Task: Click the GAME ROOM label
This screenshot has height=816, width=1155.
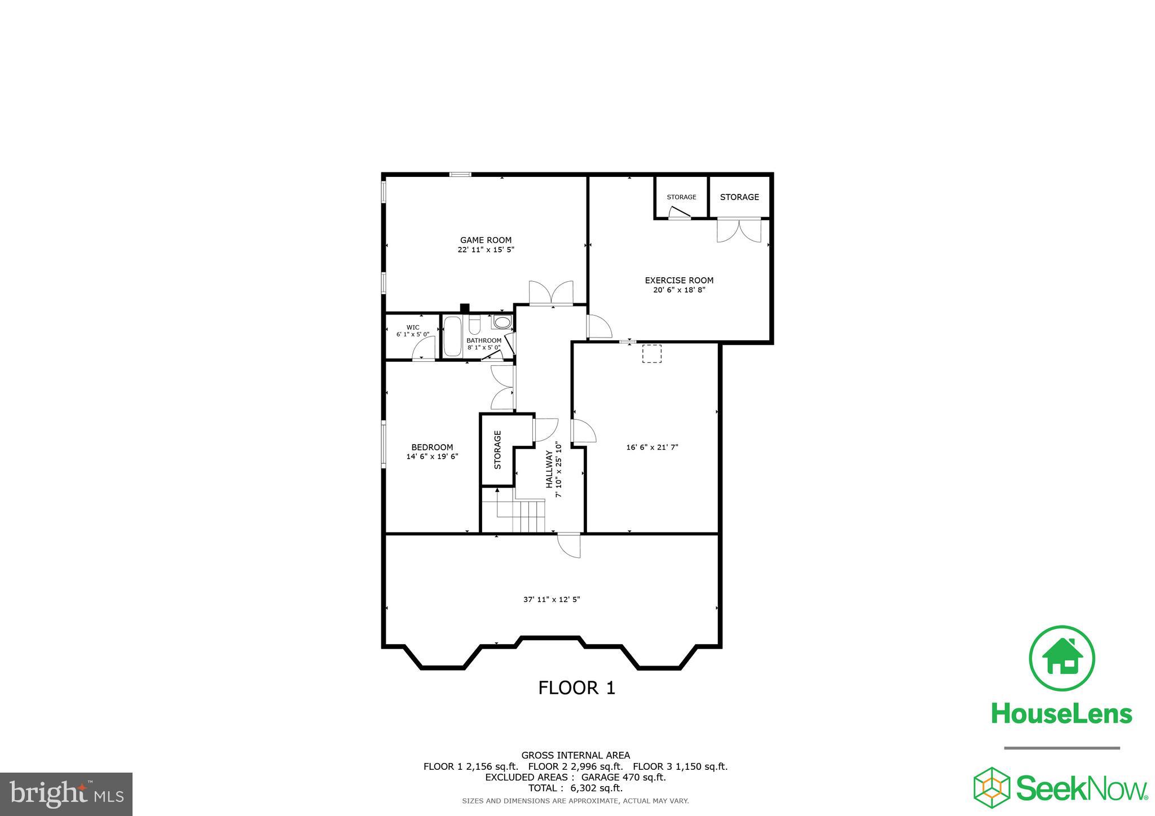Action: pyautogui.click(x=486, y=240)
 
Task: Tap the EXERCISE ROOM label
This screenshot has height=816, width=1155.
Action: pyautogui.click(x=679, y=280)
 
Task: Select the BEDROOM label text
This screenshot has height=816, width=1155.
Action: pyautogui.click(x=432, y=447)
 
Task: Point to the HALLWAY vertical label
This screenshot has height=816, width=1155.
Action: pyautogui.click(x=549, y=469)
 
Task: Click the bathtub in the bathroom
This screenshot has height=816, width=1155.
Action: pyautogui.click(x=452, y=336)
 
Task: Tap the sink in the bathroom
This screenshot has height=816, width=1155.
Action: pyautogui.click(x=501, y=322)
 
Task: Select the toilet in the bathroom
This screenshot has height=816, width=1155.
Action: pyautogui.click(x=475, y=326)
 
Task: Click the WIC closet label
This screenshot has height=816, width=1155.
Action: pyautogui.click(x=413, y=327)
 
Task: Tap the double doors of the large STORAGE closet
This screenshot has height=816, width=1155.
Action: pyautogui.click(x=739, y=230)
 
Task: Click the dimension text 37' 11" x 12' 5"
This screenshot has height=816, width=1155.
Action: pyautogui.click(x=552, y=600)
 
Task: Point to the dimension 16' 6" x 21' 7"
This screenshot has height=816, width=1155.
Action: pyautogui.click(x=652, y=447)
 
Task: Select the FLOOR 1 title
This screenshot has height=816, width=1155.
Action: pyautogui.click(x=576, y=688)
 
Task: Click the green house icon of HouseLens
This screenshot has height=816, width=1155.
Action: pyautogui.click(x=1062, y=658)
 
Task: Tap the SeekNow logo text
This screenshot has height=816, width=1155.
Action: pyautogui.click(x=1081, y=788)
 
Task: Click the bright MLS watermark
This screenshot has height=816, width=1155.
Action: pyautogui.click(x=67, y=795)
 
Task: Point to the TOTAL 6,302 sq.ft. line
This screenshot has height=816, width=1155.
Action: pyautogui.click(x=575, y=788)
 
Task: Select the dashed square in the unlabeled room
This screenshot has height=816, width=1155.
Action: pyautogui.click(x=651, y=354)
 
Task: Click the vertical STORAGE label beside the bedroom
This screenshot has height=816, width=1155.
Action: pyautogui.click(x=497, y=450)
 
